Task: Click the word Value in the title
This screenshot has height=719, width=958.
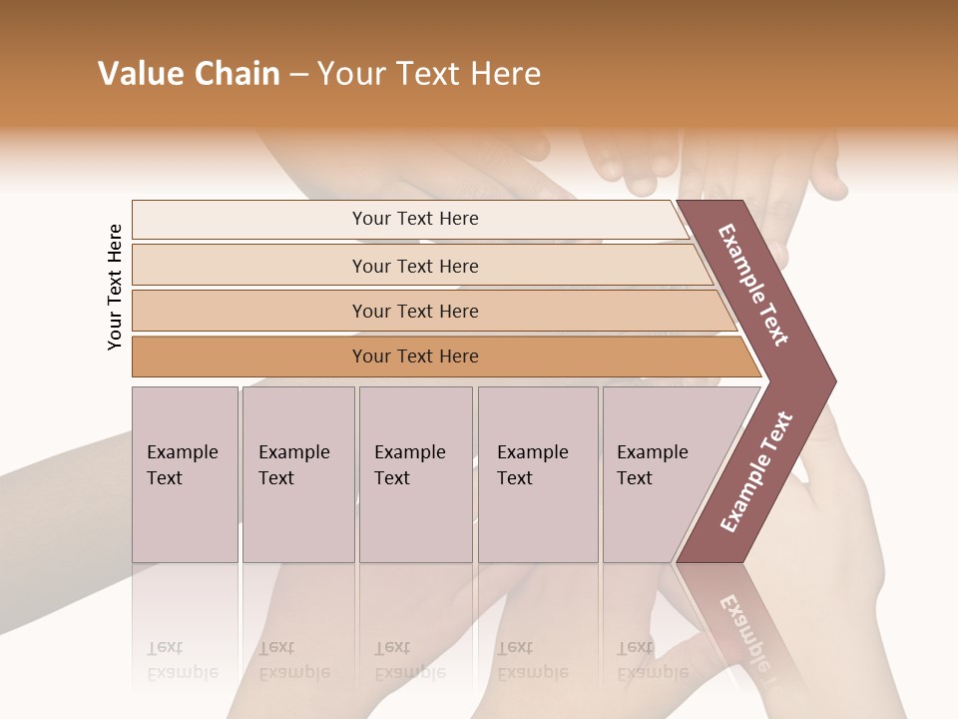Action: click(x=138, y=74)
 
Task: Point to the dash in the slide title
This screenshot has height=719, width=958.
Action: click(x=298, y=75)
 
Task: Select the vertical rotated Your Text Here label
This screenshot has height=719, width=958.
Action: click(x=115, y=287)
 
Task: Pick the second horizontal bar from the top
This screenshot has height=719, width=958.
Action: click(x=415, y=266)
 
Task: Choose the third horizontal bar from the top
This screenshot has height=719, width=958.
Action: click(x=415, y=311)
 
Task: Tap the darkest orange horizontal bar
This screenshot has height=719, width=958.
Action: click(x=415, y=357)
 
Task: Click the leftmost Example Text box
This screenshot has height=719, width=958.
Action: click(x=185, y=474)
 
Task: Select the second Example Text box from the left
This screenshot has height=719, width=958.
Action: click(x=297, y=474)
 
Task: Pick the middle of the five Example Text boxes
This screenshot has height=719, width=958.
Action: click(x=414, y=474)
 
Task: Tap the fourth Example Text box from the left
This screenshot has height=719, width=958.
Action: click(x=537, y=474)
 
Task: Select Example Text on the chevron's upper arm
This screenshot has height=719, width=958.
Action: click(x=754, y=285)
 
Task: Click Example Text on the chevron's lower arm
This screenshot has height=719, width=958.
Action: click(x=756, y=472)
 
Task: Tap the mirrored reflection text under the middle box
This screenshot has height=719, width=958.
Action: click(x=409, y=660)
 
